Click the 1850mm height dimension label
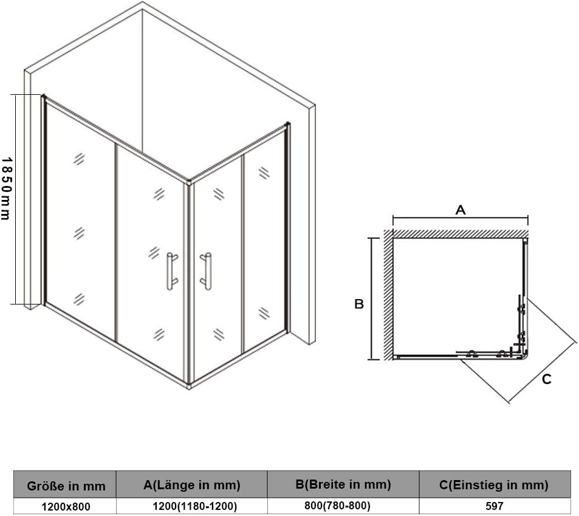coord(6,189)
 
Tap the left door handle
coord(172,271)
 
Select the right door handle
coord(206,271)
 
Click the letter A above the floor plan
coord(460,210)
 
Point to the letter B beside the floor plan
coord(359,304)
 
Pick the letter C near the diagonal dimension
coord(547,379)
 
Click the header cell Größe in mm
coord(66,486)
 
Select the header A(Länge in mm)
coord(191,485)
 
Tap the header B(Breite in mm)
coord(343,484)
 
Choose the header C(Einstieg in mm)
coord(494,485)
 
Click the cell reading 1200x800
coord(66,507)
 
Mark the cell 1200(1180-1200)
coord(194,506)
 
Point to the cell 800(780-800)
coord(338,506)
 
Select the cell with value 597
coord(495,506)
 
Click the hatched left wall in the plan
coord(388,295)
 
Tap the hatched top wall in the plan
coord(460,233)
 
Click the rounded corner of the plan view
coord(524,356)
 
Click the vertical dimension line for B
coord(373,298)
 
